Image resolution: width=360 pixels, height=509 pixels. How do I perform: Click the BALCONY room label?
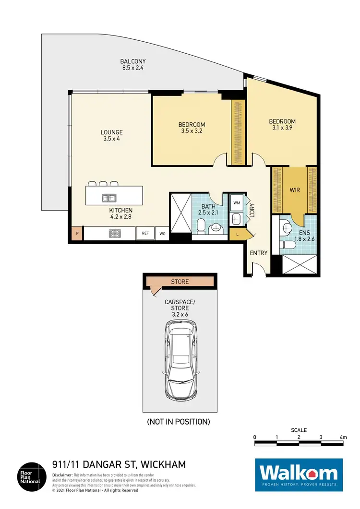132,65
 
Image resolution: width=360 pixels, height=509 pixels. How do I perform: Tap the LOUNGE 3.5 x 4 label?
111,136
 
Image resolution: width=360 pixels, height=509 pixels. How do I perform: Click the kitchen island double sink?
108,197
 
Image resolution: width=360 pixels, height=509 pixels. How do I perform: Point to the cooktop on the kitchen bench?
116,234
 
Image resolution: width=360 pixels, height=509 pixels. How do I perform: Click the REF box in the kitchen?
145,233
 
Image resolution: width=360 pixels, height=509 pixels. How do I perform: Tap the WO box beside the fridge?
162,233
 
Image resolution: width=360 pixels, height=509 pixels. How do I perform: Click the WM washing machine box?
236,203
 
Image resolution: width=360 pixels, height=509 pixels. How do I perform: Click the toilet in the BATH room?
202,224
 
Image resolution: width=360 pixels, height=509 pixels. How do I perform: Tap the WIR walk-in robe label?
295,190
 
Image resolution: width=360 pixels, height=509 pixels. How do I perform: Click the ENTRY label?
258,253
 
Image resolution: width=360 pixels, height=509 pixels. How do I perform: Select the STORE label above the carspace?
180,282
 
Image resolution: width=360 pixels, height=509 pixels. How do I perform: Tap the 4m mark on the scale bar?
343,438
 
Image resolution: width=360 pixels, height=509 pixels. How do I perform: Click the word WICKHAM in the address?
160,464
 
